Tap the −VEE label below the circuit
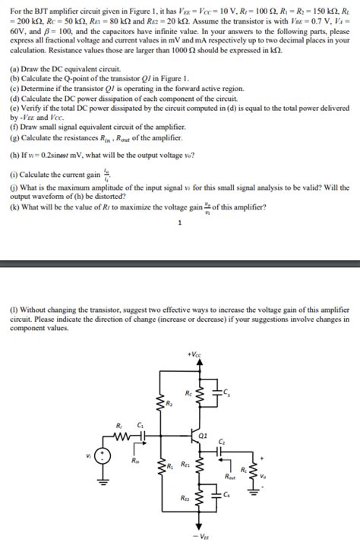point(201,537)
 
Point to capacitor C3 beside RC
point(218,392)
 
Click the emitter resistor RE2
point(200,497)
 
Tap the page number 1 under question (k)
point(179,222)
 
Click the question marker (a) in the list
point(14,68)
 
